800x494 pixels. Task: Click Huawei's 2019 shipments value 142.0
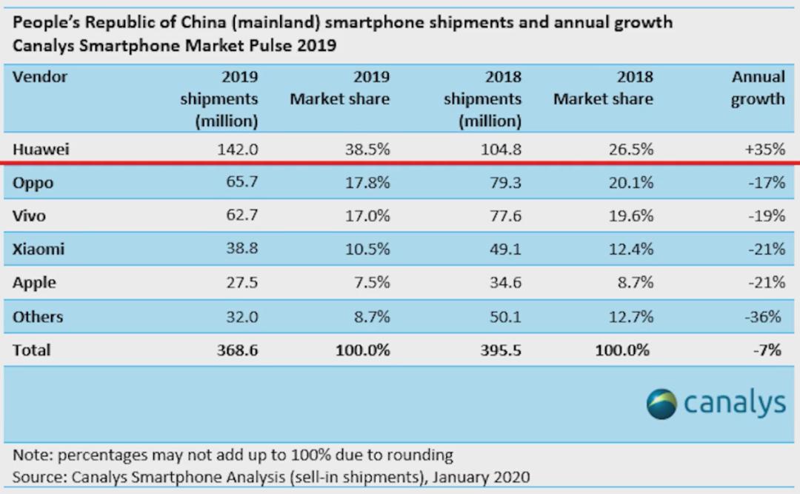pyautogui.click(x=237, y=149)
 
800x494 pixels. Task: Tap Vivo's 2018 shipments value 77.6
pyautogui.click(x=503, y=216)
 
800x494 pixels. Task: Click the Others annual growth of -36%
pyautogui.click(x=764, y=317)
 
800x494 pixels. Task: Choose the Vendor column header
pyautogui.click(x=40, y=77)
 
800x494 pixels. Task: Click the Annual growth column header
pyautogui.click(x=758, y=88)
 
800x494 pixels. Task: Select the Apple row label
pyautogui.click(x=34, y=283)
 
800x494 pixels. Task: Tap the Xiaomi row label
pyautogui.click(x=39, y=250)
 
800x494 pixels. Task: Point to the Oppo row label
pyautogui.click(x=33, y=183)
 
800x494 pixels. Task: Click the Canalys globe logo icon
pyautogui.click(x=661, y=404)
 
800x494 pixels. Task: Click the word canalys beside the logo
pyautogui.click(x=734, y=404)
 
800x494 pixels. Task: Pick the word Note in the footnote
pyautogui.click(x=31, y=454)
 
